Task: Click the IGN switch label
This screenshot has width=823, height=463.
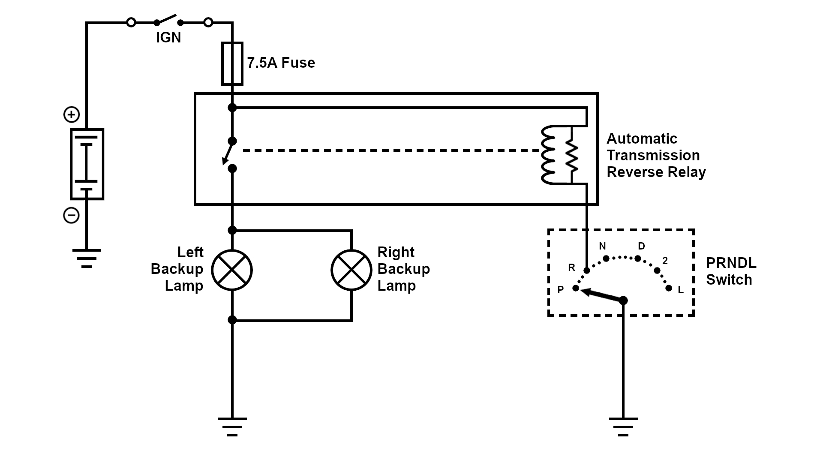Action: [168, 38]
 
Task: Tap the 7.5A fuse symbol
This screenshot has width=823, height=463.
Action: [232, 63]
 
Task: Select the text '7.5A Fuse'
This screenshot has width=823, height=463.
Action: [281, 63]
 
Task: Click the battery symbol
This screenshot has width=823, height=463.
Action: [87, 164]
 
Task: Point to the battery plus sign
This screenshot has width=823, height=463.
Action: [72, 114]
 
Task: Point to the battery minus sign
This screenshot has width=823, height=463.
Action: [72, 215]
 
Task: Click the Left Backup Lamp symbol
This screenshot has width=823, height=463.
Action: [232, 270]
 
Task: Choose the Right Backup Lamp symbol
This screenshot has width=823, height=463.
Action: [351, 270]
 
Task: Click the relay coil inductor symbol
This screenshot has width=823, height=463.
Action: [549, 155]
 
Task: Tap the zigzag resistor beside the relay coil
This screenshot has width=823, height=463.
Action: [572, 155]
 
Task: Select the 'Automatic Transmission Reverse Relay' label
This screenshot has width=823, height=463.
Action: [656, 155]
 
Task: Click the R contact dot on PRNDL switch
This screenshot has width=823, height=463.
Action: [587, 271]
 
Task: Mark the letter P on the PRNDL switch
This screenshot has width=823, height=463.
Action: [560, 290]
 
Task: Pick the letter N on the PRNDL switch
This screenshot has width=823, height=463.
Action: [602, 246]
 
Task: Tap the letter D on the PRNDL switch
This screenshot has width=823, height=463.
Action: [641, 246]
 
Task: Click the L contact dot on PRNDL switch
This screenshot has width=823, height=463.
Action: [669, 288]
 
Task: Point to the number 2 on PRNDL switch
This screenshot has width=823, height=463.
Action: [665, 261]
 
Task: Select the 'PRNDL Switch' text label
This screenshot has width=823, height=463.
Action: [731, 271]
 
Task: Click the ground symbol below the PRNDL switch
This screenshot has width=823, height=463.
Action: [623, 426]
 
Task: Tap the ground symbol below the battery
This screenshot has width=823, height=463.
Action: [87, 258]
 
